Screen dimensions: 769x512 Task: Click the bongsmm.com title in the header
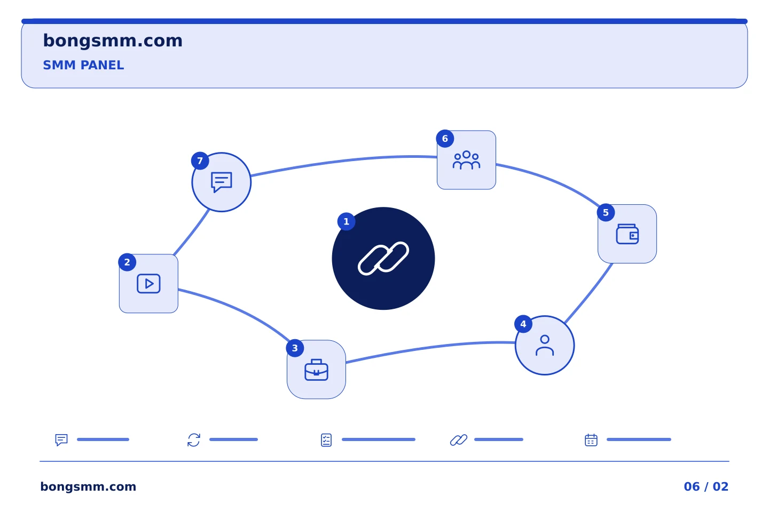(x=113, y=41)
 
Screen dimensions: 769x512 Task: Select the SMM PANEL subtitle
(x=83, y=65)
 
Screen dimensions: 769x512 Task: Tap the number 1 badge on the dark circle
(x=347, y=221)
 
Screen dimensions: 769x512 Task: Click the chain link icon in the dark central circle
(x=383, y=259)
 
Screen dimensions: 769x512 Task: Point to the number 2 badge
(x=127, y=262)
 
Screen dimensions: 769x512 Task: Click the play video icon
(x=148, y=284)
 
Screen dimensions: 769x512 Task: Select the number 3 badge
(x=295, y=348)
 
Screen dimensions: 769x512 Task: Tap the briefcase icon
(x=317, y=370)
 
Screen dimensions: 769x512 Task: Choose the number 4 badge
(x=523, y=324)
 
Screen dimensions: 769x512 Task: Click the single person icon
(x=545, y=346)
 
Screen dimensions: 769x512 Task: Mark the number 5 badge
(x=606, y=213)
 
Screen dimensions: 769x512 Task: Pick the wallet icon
(x=627, y=234)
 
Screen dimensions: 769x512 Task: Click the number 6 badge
(x=445, y=139)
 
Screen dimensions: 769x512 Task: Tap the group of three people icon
(x=466, y=160)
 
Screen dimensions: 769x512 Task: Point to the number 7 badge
(x=200, y=161)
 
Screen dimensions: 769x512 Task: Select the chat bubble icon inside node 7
(x=222, y=182)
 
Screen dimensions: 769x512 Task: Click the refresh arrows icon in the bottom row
(x=194, y=440)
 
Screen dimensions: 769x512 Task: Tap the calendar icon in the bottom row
(x=591, y=440)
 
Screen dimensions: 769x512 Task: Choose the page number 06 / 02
(x=706, y=486)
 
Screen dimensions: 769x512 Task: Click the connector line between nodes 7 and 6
(x=343, y=161)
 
